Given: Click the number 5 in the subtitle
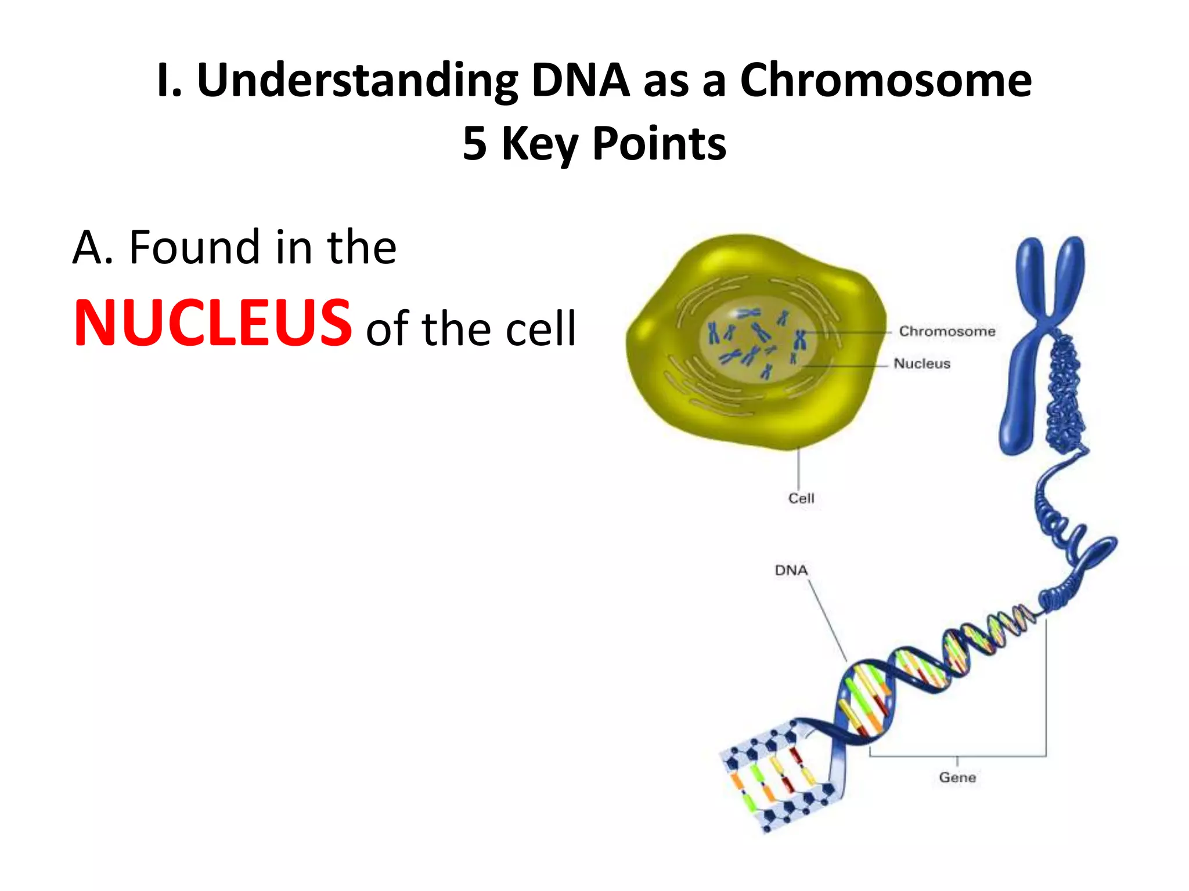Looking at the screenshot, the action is pyautogui.click(x=474, y=143).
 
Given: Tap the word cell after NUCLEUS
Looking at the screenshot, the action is pyautogui.click(x=541, y=329).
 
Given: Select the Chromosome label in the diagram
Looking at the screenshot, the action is pyautogui.click(x=947, y=331).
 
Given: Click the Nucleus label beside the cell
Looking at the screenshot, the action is pyautogui.click(x=922, y=364).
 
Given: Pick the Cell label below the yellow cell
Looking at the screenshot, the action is pyautogui.click(x=801, y=498).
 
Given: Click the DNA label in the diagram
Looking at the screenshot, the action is pyautogui.click(x=791, y=570).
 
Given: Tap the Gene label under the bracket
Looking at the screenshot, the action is pyautogui.click(x=957, y=777).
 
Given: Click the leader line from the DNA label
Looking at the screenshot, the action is pyautogui.click(x=827, y=621).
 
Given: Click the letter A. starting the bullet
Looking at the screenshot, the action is pyautogui.click(x=92, y=248).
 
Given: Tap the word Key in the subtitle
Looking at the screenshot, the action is pyautogui.click(x=539, y=143).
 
